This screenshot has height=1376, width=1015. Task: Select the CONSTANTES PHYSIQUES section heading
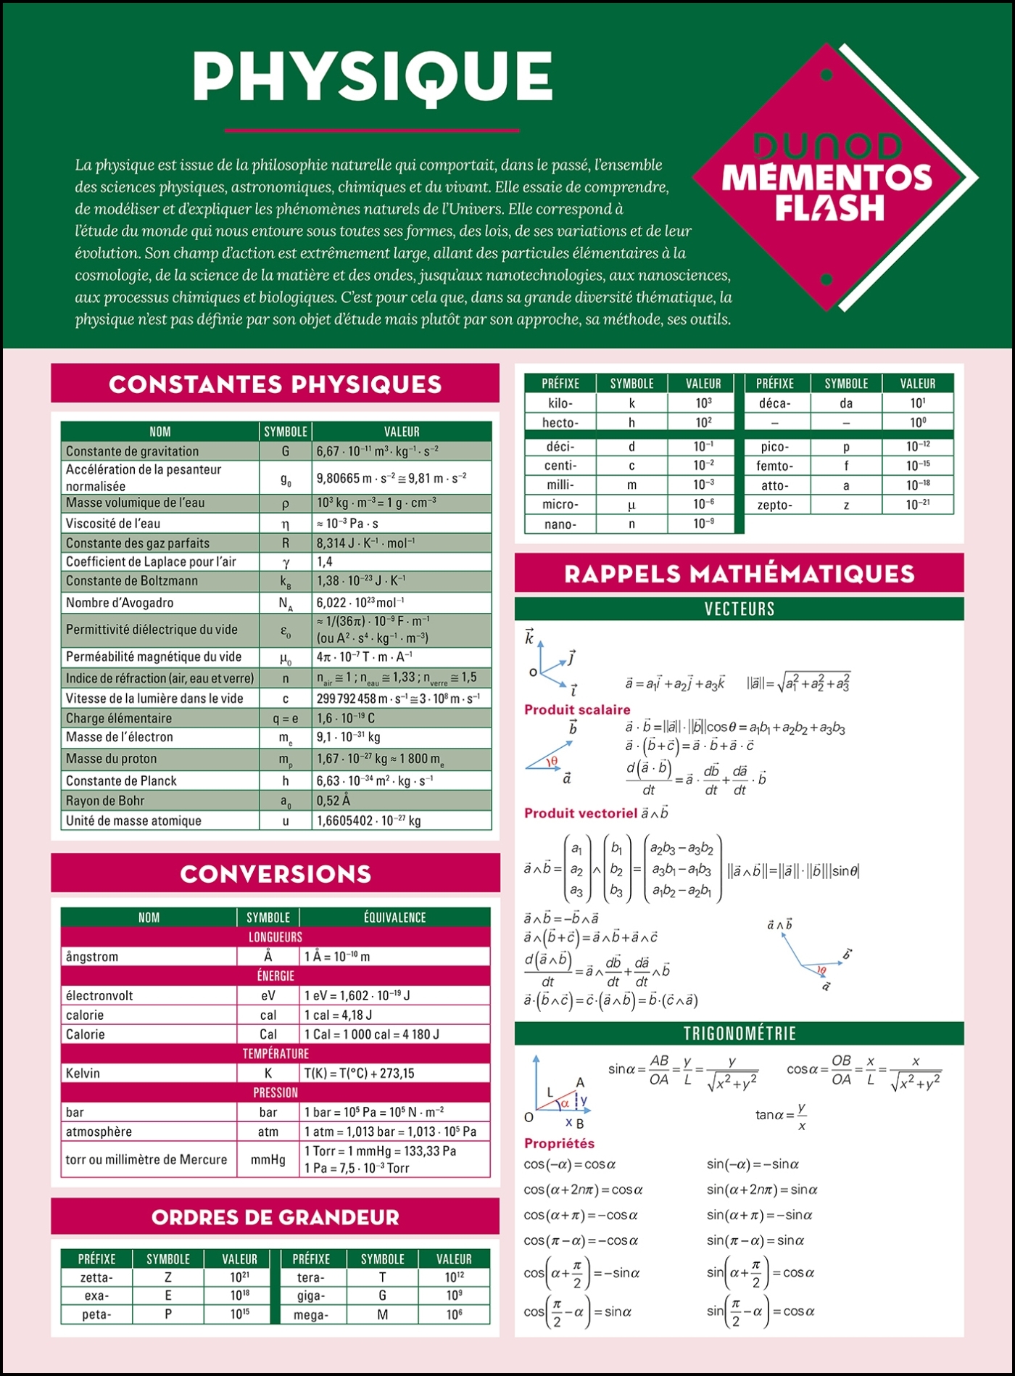click(x=275, y=384)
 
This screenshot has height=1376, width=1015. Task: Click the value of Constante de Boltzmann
click(x=361, y=581)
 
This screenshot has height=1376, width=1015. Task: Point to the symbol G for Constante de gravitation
click(x=285, y=451)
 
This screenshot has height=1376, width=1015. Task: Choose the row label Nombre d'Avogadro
click(x=120, y=603)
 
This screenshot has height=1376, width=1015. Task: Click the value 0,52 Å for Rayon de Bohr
click(x=333, y=801)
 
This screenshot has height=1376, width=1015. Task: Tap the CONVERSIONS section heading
click(x=275, y=873)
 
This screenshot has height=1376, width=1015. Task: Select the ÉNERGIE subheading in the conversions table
click(x=275, y=976)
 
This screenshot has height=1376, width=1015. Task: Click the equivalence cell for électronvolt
click(x=357, y=996)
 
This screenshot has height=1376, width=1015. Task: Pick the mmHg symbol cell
click(x=268, y=1160)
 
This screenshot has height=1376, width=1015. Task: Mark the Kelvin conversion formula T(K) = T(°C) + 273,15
click(x=359, y=1074)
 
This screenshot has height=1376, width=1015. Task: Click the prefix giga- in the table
click(x=310, y=1295)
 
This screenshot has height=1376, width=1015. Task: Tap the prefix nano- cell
click(x=560, y=524)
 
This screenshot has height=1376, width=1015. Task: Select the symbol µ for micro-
click(x=631, y=504)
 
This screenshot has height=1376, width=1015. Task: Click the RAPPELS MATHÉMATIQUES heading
click(x=739, y=574)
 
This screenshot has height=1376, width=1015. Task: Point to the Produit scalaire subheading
click(x=577, y=709)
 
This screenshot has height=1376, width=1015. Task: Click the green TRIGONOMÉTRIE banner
click(x=739, y=1034)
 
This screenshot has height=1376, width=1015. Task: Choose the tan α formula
click(x=782, y=1116)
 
